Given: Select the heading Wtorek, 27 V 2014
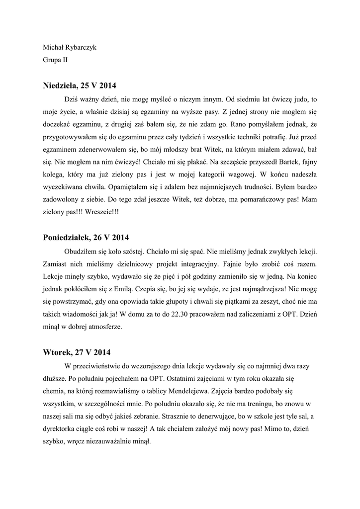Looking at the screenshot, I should point(77,352).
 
